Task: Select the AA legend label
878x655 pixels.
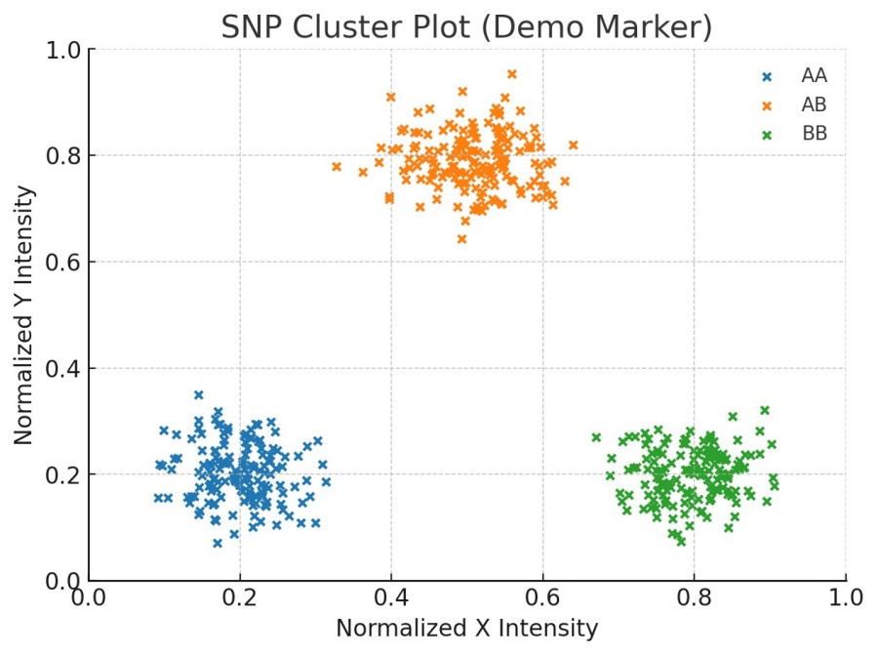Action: click(x=814, y=75)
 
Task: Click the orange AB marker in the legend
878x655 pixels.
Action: click(x=767, y=104)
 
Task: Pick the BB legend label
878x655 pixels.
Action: click(x=815, y=134)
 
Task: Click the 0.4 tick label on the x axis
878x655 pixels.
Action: click(x=391, y=595)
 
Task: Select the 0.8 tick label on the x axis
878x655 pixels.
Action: click(x=694, y=595)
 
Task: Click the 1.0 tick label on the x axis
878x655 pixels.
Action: click(x=845, y=595)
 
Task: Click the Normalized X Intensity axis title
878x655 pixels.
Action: click(x=466, y=629)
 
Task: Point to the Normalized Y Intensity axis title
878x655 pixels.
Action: click(x=25, y=314)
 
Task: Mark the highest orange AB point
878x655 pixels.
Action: click(x=512, y=73)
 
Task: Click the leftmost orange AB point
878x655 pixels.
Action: click(x=337, y=167)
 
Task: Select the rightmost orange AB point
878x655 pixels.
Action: click(x=574, y=145)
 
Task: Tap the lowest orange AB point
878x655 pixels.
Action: click(x=462, y=239)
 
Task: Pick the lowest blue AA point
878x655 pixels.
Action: click(x=218, y=543)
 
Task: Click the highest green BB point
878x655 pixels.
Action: click(x=765, y=411)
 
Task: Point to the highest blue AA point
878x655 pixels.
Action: click(x=199, y=395)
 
